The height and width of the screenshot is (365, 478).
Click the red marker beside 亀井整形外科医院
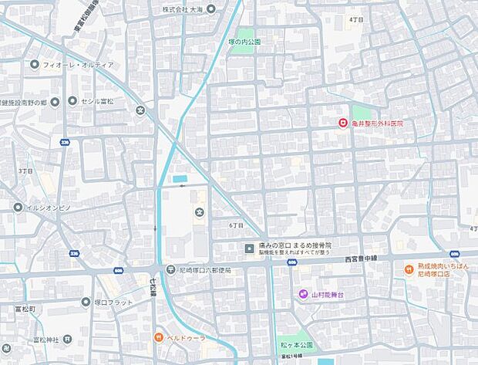coord(342,123)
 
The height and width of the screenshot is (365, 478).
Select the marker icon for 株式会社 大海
coord(212,8)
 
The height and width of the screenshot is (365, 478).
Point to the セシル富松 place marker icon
coord(72,100)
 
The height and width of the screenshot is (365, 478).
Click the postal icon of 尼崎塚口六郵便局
coord(170,269)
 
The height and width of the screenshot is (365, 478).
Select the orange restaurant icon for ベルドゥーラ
coord(157,337)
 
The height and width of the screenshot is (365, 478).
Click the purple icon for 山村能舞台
coord(303,294)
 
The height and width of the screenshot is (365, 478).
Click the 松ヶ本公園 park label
coord(295,344)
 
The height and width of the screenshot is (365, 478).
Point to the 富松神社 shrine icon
coord(68,339)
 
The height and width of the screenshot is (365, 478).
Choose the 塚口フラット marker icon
coord(85,302)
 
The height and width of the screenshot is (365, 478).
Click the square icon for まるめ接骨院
coord(248,248)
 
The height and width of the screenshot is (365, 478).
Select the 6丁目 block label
coord(236,225)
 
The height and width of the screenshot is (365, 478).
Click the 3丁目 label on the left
coord(25,170)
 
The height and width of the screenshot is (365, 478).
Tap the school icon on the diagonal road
coord(140,110)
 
